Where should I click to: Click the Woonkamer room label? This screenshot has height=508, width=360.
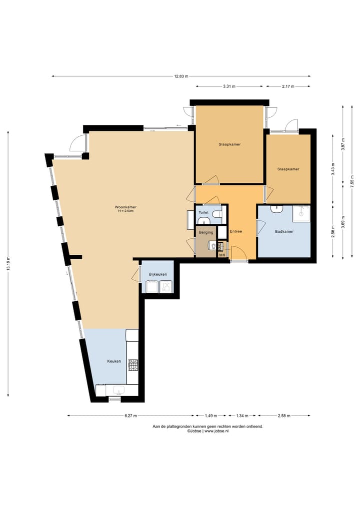pyautogui.click(x=125, y=207)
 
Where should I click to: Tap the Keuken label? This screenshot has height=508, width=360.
pyautogui.click(x=114, y=361)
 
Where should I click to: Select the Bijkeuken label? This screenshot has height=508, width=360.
pyautogui.click(x=158, y=274)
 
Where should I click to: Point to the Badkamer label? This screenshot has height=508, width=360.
pyautogui.click(x=284, y=231)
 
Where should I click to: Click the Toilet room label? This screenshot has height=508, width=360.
pyautogui.click(x=203, y=212)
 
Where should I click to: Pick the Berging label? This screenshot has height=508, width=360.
pyautogui.click(x=206, y=232)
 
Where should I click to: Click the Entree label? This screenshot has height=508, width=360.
pyautogui.click(x=236, y=231)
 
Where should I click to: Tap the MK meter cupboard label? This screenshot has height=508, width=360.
pyautogui.click(x=222, y=255)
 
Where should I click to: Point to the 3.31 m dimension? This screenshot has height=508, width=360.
pyautogui.click(x=229, y=86)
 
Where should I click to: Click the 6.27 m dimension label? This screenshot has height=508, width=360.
pyautogui.click(x=130, y=416)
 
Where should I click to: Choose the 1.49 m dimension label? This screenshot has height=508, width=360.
pyautogui.click(x=211, y=416)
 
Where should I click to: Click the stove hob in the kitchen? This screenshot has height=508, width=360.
pyautogui.click(x=133, y=365)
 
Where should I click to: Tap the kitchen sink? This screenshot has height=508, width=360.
pyautogui.click(x=118, y=390)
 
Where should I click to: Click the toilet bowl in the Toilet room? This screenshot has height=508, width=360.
pyautogui.click(x=217, y=214)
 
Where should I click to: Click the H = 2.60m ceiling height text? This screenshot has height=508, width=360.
pyautogui.click(x=126, y=211)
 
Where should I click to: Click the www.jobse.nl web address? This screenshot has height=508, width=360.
pyautogui.click(x=216, y=431)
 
